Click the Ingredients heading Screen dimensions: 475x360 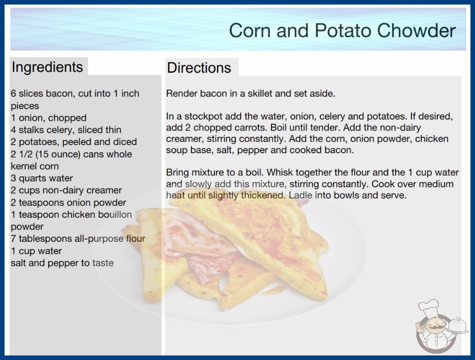pyautogui.click(x=47, y=67)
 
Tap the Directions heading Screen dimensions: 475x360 pyautogui.click(x=199, y=68)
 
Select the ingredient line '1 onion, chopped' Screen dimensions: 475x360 pyautogui.click(x=49, y=118)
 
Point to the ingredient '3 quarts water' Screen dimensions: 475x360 pyautogui.click(x=42, y=178)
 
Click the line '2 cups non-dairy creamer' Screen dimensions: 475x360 pyautogui.click(x=66, y=190)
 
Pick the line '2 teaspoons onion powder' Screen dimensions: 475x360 pyautogui.click(x=69, y=202)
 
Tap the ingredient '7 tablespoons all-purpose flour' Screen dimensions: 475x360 pyautogui.click(x=78, y=239)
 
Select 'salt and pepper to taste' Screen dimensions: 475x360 pyautogui.click(x=62, y=263)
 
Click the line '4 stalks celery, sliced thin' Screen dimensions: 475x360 pyautogui.click(x=66, y=130)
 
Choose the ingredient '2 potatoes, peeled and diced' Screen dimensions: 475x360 pyautogui.click(x=74, y=142)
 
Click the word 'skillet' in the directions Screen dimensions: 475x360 pyautogui.click(x=260, y=94)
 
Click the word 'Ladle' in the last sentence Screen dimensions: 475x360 pyautogui.click(x=300, y=195)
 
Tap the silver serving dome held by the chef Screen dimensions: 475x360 pyautogui.click(x=458, y=325)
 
